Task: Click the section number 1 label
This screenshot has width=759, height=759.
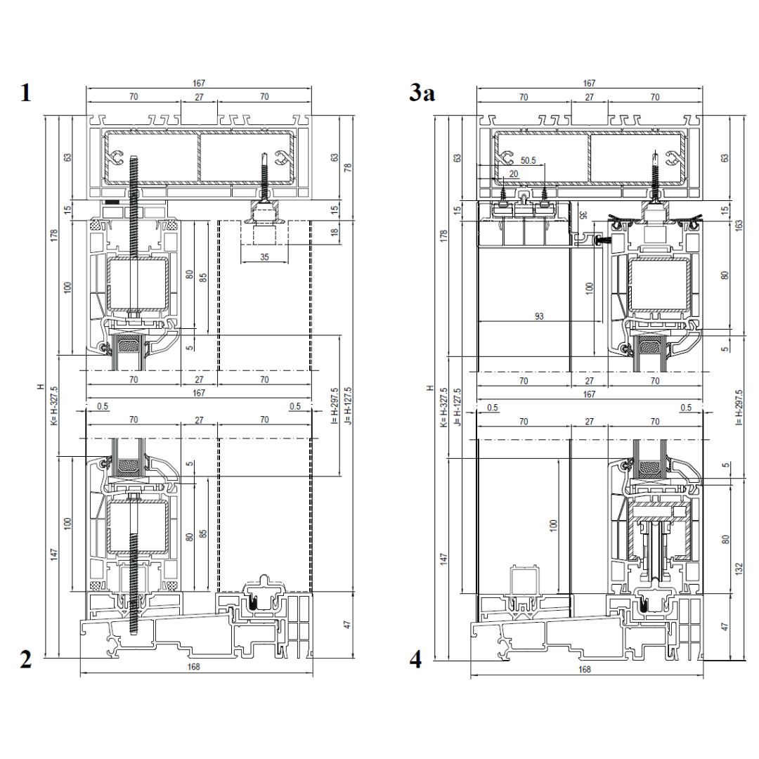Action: pos(26,93)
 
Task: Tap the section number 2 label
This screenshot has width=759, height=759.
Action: pos(26,659)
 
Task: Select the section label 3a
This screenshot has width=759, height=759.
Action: pos(422,93)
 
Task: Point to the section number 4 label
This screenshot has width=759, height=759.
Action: pos(416,659)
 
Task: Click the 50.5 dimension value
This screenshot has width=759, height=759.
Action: pos(528,160)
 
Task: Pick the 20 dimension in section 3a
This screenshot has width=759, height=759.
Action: pos(514,174)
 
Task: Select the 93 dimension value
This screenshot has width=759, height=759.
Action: pos(539,316)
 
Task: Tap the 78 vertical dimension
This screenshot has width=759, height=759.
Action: pos(348,167)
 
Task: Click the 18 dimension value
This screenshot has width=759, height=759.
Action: pos(335,233)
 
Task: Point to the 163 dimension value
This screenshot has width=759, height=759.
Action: pos(739,226)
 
